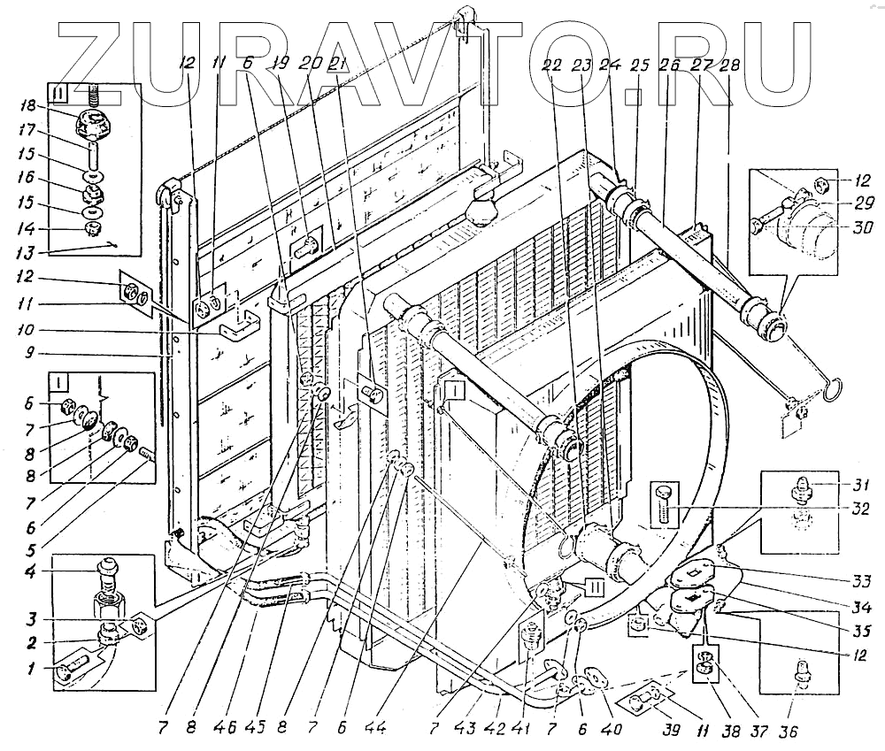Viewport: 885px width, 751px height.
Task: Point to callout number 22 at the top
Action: [555, 65]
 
